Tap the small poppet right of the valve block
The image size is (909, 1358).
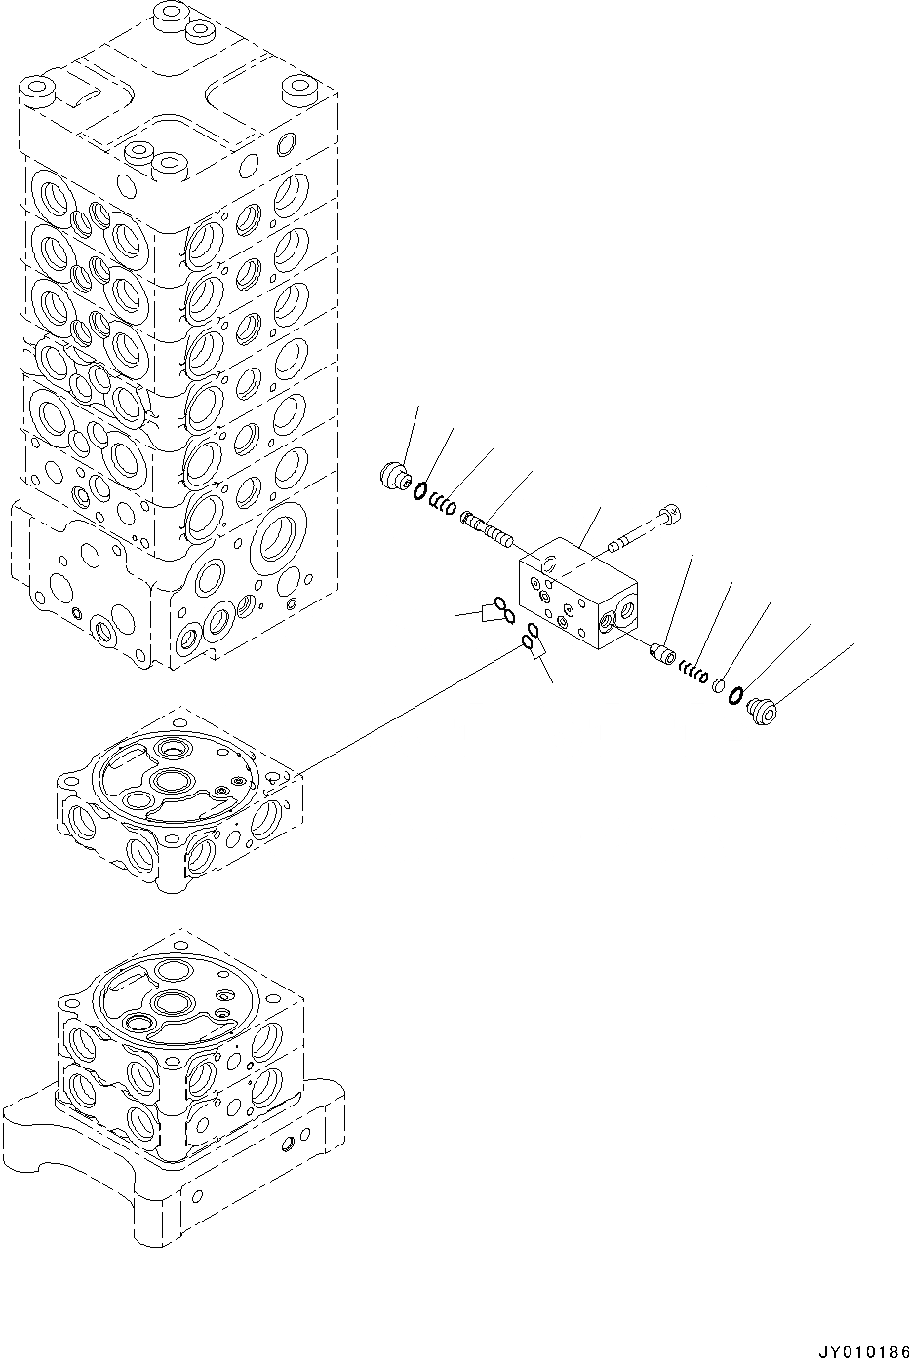(663, 652)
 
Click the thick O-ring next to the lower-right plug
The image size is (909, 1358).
(736, 697)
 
